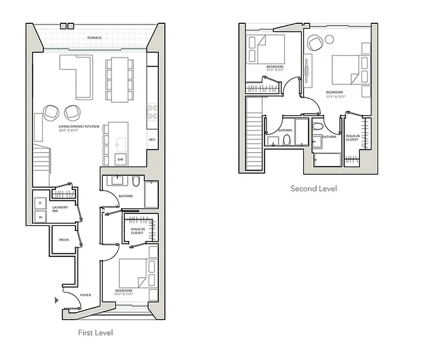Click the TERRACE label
[94, 38]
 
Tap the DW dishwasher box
[120, 159]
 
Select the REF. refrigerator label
[152, 140]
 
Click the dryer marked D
[40, 203]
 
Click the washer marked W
[40, 217]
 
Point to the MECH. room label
[64, 240]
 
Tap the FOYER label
[86, 295]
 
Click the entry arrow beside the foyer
[57, 300]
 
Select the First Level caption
[95, 333]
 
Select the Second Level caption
[313, 189]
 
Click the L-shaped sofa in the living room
[77, 74]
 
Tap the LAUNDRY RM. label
[60, 209]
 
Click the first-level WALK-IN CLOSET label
[137, 231]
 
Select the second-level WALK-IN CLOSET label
[352, 137]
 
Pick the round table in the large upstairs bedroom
[329, 40]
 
